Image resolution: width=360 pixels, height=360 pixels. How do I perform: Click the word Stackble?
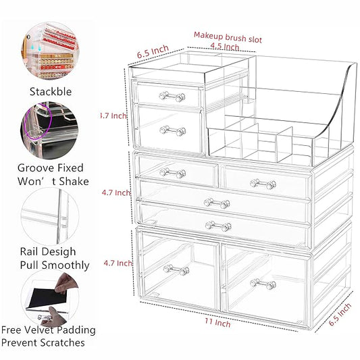pyautogui.click(x=51, y=92)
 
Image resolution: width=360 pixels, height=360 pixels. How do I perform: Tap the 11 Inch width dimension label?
pyautogui.click(x=217, y=322)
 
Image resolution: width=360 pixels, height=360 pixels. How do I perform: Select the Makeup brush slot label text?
pyautogui.click(x=228, y=37)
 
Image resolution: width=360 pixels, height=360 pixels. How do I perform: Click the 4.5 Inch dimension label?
pyautogui.click(x=225, y=47)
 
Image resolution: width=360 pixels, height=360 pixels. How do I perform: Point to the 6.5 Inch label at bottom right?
pyautogui.click(x=340, y=314)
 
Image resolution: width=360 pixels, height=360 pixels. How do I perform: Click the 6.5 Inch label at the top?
pyautogui.click(x=153, y=51)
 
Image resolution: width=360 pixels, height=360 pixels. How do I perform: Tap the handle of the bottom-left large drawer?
pyautogui.click(x=176, y=269)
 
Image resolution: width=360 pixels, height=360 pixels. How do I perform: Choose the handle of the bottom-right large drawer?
pyautogui.click(x=263, y=284)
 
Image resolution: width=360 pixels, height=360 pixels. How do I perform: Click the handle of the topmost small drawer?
pyautogui.click(x=172, y=97)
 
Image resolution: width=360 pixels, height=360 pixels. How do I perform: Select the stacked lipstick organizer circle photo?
pyautogui.click(x=50, y=51)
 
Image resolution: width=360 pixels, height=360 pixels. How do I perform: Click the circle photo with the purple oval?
pyautogui.click(x=49, y=130)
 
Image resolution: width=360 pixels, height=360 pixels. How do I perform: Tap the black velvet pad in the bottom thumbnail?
pyautogui.click(x=47, y=297)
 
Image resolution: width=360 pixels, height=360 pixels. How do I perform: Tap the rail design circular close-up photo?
pyautogui.click(x=50, y=217)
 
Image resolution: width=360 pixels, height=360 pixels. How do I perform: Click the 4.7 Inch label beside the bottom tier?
pyautogui.click(x=118, y=263)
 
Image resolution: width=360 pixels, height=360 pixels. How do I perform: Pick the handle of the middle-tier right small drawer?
pyautogui.click(x=263, y=184)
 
